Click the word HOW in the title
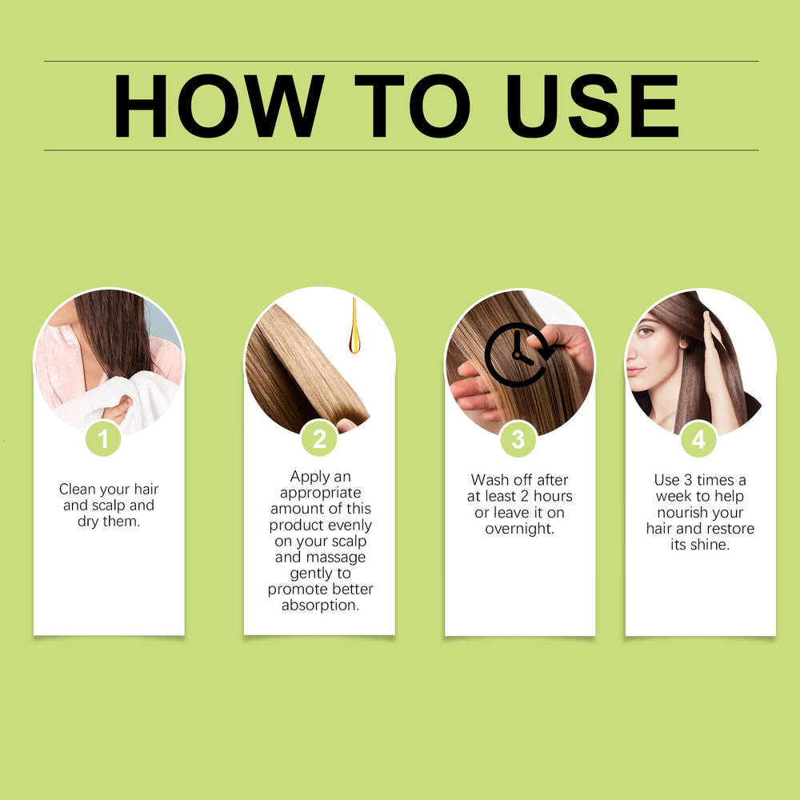[218, 106]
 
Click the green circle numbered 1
[103, 439]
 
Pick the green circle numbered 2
[319, 439]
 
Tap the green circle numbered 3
[518, 439]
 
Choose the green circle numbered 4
[698, 439]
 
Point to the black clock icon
[516, 354]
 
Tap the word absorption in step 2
[320, 606]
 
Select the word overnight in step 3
[519, 529]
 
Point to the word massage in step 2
[337, 557]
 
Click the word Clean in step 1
[77, 489]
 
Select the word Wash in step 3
[490, 480]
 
